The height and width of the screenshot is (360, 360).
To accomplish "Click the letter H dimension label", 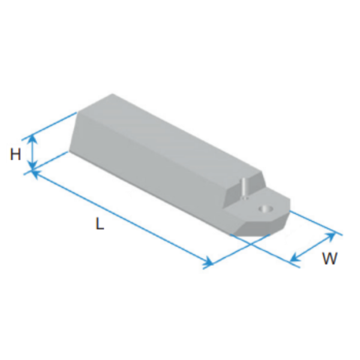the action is click(x=16, y=154).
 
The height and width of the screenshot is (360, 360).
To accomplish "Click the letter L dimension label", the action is click(x=100, y=223).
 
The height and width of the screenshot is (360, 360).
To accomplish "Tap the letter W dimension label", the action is click(x=330, y=258).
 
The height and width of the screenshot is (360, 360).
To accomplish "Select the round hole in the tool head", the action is click(x=266, y=209).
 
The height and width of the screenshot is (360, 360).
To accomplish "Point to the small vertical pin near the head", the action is click(x=244, y=188).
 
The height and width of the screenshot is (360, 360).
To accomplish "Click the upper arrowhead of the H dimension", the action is click(x=33, y=139).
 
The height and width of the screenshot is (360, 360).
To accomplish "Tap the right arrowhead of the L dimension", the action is click(x=208, y=262).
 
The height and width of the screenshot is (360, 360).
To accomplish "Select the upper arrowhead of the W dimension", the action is click(x=331, y=236).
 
